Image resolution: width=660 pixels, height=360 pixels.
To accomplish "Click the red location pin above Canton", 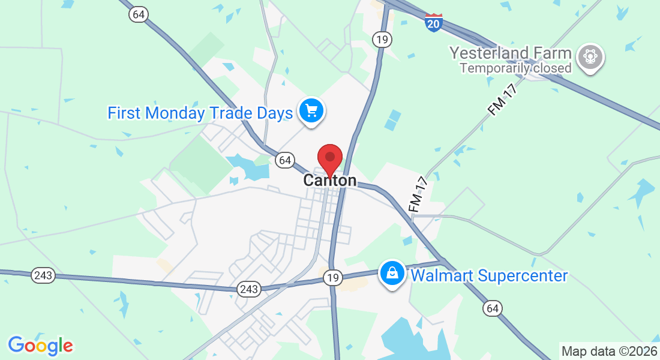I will coord(329,158).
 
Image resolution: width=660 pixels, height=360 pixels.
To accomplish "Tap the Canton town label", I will coord(329,181).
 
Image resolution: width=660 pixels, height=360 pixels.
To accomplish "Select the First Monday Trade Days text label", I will coord(200,113).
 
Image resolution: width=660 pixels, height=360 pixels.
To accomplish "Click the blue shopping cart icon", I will coord(311,111).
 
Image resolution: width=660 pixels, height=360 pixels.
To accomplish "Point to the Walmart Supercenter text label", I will coord(488,276).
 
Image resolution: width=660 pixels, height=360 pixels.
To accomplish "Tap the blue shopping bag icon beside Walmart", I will coord(392,274).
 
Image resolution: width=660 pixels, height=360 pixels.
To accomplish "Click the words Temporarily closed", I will coord(515,68).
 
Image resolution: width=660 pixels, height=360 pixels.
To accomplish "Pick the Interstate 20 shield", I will coord(433,22).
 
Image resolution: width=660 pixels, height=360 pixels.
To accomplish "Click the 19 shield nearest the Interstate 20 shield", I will coord(382,40).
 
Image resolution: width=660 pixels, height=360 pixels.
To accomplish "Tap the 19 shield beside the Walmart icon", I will coord(333,278).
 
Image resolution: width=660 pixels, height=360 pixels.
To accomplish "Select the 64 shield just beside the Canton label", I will coord(284,160).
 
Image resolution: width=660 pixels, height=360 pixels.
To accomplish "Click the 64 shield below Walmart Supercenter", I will coord(493,308).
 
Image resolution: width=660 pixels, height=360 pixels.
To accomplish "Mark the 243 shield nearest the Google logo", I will coord(44,275).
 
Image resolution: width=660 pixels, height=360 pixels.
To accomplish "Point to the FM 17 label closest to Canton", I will coord(417,193).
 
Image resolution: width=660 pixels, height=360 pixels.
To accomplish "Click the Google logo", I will coord(40,346).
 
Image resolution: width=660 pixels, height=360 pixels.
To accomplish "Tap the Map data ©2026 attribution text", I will coord(609,351).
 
